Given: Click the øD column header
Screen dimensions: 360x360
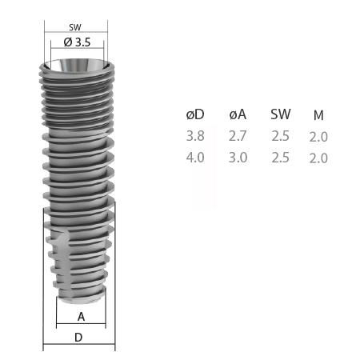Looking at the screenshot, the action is (195, 114).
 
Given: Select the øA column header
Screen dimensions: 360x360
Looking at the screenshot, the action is (238, 114).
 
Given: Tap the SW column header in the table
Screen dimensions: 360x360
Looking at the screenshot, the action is (281, 114).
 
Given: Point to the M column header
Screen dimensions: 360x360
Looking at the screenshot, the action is (318, 115).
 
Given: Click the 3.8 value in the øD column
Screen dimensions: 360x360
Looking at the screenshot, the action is (195, 136).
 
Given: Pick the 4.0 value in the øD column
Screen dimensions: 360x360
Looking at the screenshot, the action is (195, 158).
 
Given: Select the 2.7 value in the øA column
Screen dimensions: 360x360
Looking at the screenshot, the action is (238, 136).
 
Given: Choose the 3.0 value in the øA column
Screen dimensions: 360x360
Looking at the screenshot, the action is (238, 158).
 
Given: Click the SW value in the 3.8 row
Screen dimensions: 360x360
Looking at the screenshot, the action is (281, 136).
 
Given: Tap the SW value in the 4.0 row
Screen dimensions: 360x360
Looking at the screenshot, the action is (281, 158).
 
